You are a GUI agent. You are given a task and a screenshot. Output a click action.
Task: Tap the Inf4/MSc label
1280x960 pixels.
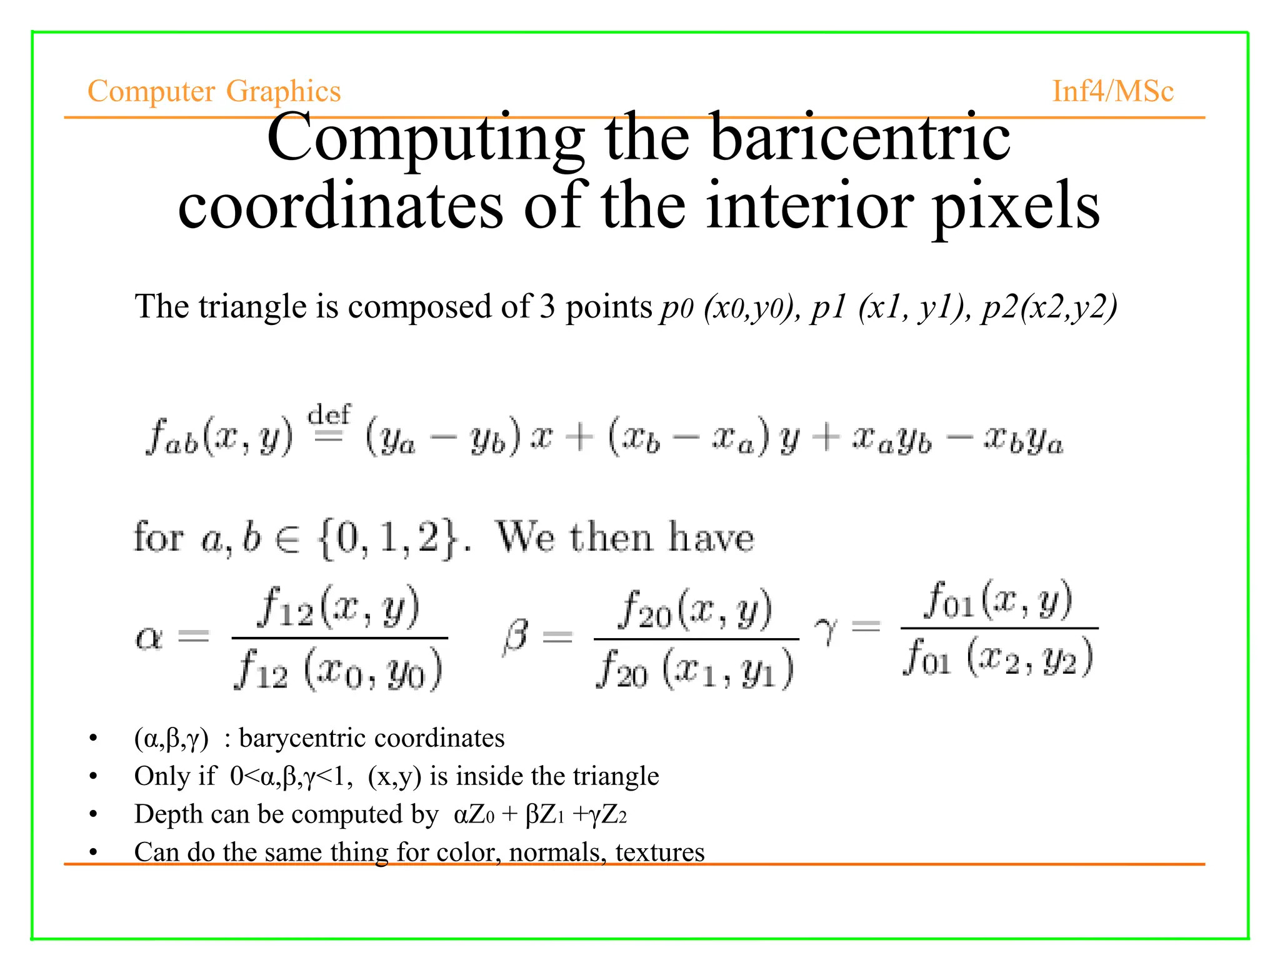[x=1112, y=91]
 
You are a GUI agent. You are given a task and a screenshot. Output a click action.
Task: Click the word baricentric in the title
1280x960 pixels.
[x=860, y=138]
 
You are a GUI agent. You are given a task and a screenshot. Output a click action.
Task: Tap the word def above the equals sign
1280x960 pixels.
[x=329, y=414]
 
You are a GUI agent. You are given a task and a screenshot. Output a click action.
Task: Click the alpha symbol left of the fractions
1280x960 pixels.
[x=149, y=638]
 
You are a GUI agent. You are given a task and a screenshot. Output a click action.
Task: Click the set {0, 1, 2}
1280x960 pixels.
[x=389, y=537]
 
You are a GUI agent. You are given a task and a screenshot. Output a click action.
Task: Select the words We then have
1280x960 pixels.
[x=625, y=537]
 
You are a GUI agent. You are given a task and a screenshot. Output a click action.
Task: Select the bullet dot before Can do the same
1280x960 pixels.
[x=94, y=853]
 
